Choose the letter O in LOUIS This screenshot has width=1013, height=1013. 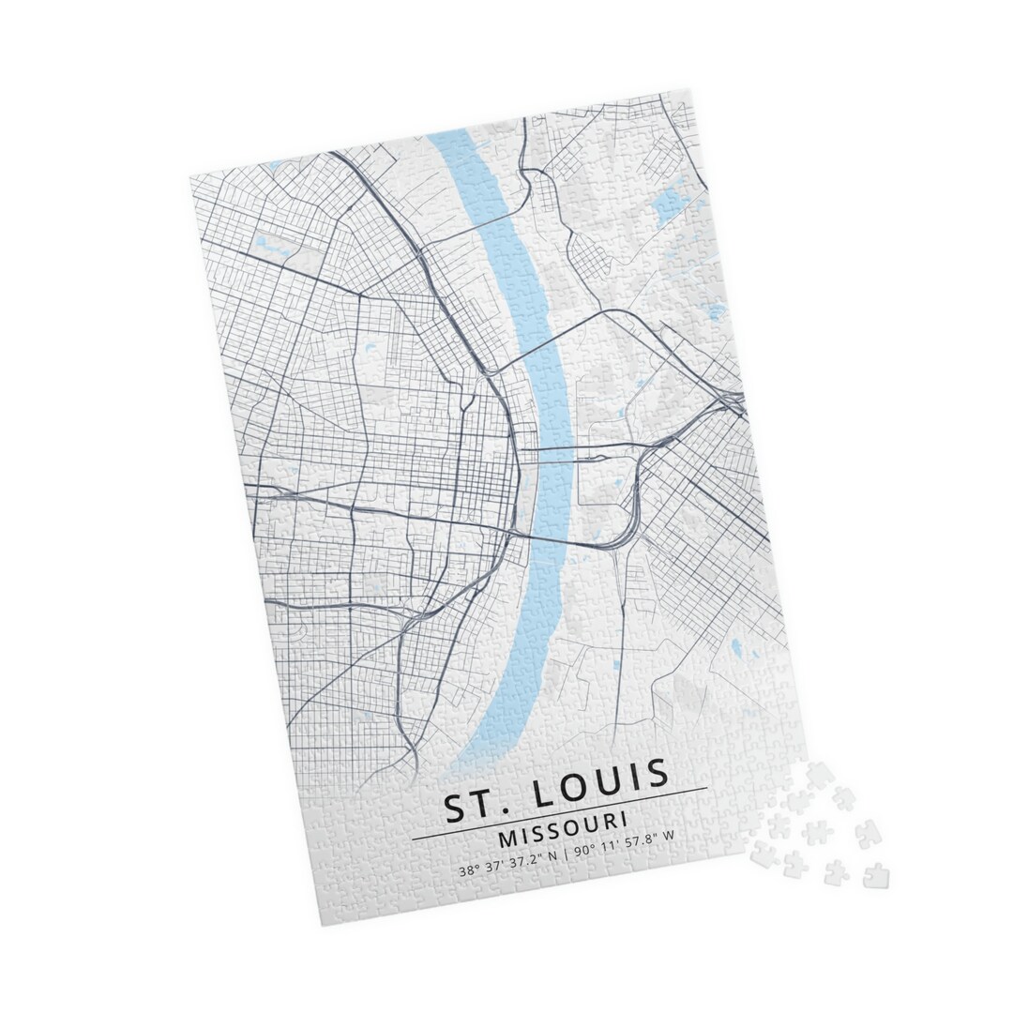(582, 785)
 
